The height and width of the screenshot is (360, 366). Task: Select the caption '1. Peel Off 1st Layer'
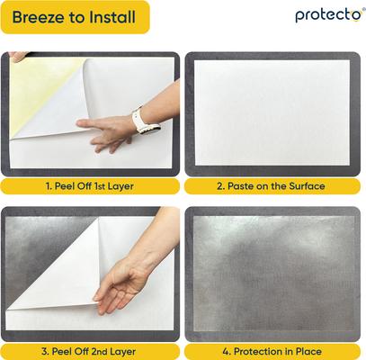pyautogui.click(x=91, y=186)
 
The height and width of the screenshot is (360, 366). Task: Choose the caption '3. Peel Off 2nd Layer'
pyautogui.click(x=91, y=350)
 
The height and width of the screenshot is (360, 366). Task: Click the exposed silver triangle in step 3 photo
pyautogui.click(x=45, y=243)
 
